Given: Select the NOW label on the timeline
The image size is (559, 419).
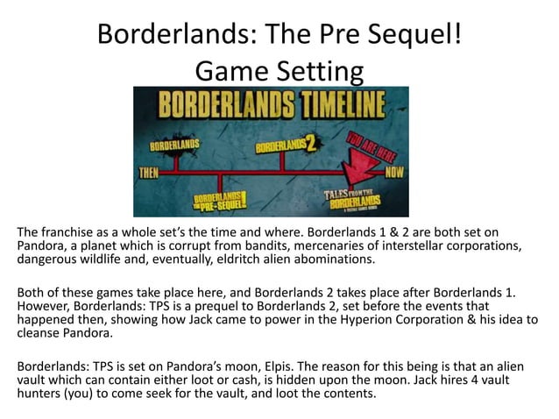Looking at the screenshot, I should coord(390,172).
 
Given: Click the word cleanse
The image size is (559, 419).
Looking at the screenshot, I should coord(34,334).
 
